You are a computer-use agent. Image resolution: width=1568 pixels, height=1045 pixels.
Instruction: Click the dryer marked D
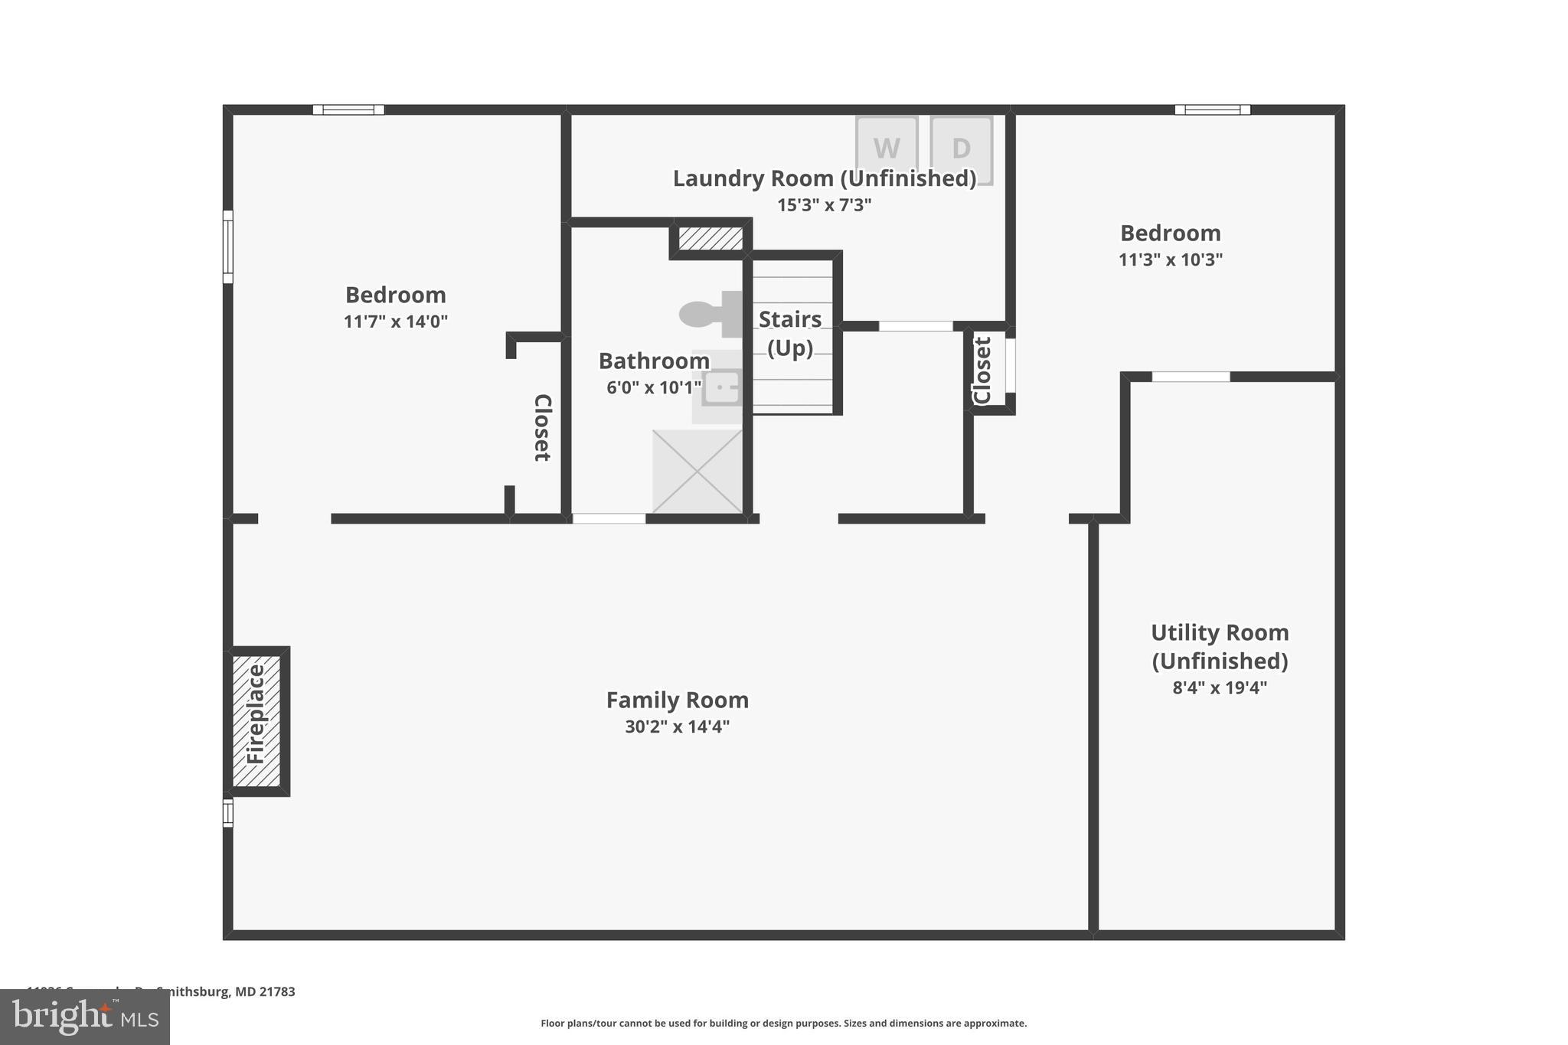tap(961, 149)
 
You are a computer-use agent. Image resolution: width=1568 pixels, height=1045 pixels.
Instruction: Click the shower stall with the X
tap(697, 471)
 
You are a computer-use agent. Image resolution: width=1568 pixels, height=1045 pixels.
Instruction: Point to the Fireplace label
tap(256, 714)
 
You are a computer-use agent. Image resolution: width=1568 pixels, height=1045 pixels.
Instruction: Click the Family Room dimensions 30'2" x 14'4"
tap(677, 727)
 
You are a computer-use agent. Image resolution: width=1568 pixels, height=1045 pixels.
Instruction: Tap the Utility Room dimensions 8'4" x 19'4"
tap(1219, 687)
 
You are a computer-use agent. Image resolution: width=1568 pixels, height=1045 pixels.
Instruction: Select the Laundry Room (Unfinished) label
tap(824, 178)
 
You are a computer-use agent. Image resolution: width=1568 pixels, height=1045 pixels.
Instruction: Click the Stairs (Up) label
tap(790, 333)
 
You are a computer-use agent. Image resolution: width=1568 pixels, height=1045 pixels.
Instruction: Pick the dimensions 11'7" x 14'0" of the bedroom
tap(395, 322)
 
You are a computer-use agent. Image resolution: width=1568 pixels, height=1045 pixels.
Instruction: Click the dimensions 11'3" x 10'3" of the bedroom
tap(1170, 260)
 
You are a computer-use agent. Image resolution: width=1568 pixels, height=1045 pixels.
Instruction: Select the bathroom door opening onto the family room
tap(609, 518)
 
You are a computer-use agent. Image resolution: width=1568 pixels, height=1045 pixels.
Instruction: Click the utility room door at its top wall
tap(1191, 377)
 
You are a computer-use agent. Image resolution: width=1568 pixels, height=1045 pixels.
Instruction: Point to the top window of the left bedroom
tap(348, 109)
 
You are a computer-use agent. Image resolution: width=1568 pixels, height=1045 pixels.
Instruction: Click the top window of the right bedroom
tap(1212, 109)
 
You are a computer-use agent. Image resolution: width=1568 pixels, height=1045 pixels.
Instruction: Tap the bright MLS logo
tap(85, 1017)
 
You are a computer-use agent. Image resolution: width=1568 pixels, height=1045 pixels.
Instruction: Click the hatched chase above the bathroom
tap(710, 238)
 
